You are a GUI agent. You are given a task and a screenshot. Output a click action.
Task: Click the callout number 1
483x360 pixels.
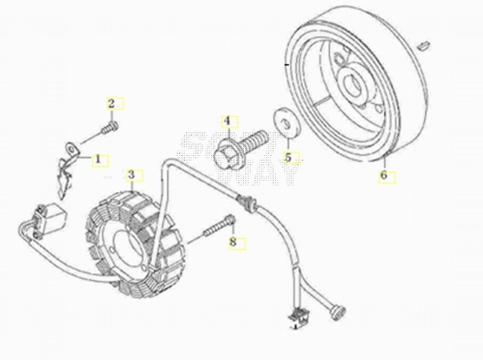(98, 159)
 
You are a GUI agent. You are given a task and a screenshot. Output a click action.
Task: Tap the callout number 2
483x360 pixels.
(111, 104)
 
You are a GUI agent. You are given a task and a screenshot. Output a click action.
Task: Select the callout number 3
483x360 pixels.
(132, 174)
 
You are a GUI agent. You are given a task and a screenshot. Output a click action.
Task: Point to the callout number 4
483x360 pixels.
(227, 121)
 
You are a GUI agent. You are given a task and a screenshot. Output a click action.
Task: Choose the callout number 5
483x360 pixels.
(287, 157)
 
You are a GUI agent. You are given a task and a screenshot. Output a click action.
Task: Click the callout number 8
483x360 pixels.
(232, 243)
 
